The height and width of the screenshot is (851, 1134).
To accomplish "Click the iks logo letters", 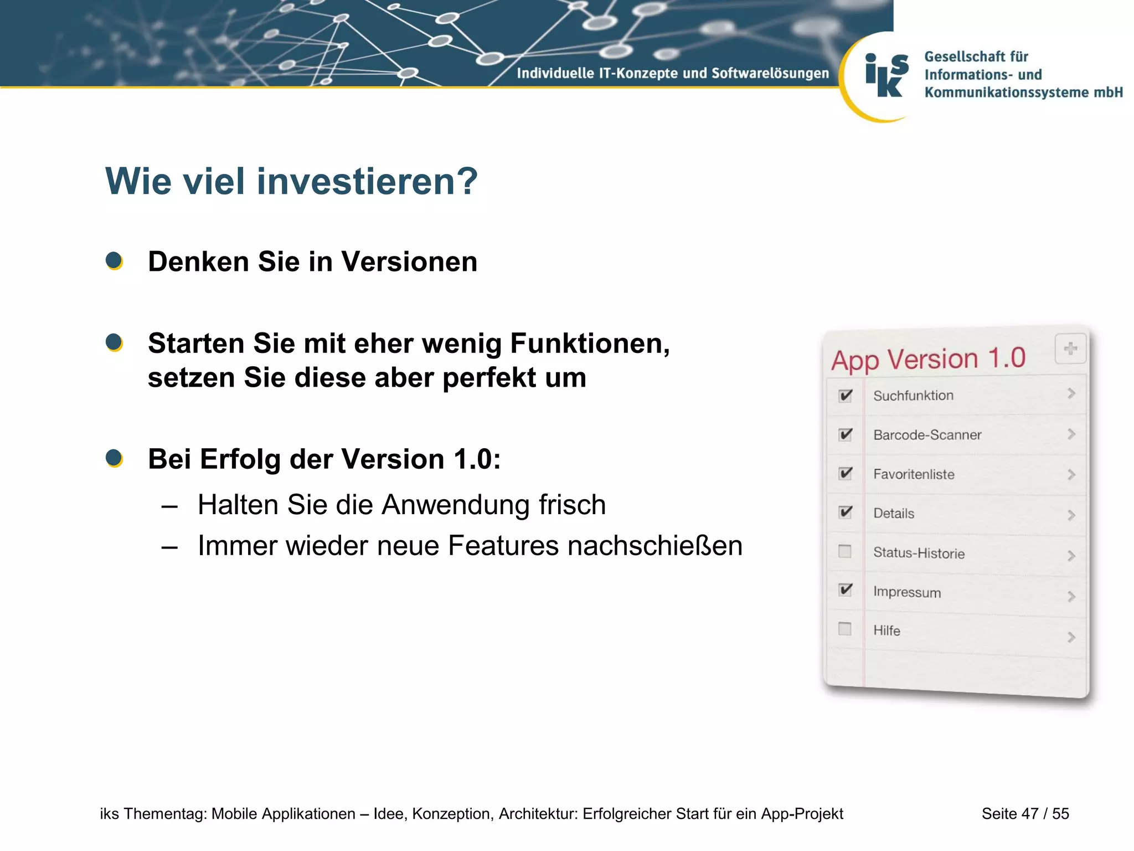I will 886,75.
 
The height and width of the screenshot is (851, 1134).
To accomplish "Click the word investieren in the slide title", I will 366,181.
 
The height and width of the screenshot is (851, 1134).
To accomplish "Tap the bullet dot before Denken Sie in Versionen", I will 114,260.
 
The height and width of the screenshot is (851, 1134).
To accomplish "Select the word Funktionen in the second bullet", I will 589,343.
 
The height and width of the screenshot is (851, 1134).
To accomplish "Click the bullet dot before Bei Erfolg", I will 114,458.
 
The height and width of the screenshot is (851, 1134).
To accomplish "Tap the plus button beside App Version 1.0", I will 1070,349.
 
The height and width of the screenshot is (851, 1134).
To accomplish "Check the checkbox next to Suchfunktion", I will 845,396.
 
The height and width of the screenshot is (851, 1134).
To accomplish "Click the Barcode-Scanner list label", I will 927,435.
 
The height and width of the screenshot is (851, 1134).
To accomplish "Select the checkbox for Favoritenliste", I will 845,473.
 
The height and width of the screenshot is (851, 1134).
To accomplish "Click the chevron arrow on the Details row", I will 1071,515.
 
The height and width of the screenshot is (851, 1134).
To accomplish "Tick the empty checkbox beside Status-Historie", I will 844,551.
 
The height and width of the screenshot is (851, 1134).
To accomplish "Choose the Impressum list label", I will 906,592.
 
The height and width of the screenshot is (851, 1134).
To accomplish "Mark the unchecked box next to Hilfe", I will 844,629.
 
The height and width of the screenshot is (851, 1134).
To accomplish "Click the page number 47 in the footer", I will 1029,814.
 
